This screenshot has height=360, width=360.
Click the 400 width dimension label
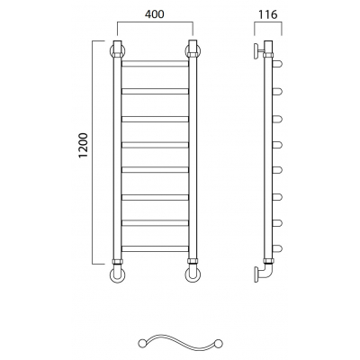pos(155,14)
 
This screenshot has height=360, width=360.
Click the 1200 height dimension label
pos(84,145)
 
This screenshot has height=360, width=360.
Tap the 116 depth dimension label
pos(267,14)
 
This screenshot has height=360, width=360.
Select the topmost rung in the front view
pos(155,64)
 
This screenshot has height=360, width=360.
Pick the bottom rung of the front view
pos(155,248)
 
